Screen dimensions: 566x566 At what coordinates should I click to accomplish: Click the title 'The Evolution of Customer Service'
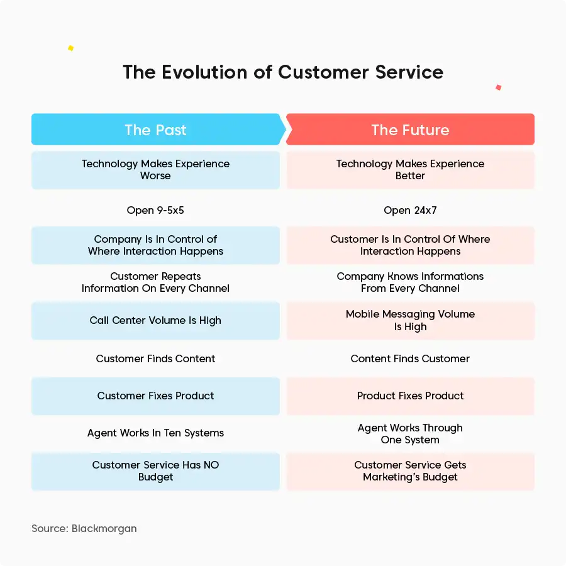point(283,72)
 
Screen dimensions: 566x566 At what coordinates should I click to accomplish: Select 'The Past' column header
point(155,130)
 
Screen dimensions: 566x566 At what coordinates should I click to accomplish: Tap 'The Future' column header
point(410,130)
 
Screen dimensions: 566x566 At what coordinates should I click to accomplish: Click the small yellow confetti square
point(70,48)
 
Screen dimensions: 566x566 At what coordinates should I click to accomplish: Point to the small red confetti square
point(499,87)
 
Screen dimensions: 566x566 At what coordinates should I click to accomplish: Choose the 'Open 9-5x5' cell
point(155,210)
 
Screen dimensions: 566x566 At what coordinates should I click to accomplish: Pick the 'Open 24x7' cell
point(410,210)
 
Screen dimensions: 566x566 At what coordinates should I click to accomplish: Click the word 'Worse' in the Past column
point(155,176)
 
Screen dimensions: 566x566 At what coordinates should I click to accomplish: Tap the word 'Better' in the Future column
point(410,176)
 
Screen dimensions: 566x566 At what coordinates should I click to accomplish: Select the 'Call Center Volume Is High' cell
point(155,321)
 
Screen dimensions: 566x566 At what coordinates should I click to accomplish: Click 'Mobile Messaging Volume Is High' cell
point(411,321)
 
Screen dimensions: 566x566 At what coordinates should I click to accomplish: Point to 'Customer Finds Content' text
point(155,358)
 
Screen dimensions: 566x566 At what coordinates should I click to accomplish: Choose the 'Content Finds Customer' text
point(410,358)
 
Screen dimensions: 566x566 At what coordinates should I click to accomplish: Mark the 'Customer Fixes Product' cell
point(155,396)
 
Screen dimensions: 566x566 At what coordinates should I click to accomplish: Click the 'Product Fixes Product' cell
point(411,396)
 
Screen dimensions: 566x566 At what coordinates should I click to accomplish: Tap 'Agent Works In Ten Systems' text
point(155,433)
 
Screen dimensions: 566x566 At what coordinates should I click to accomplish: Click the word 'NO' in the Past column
point(211,465)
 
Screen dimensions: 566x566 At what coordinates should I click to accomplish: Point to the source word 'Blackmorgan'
point(104,528)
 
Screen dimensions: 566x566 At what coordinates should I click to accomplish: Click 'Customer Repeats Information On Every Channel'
point(155,282)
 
